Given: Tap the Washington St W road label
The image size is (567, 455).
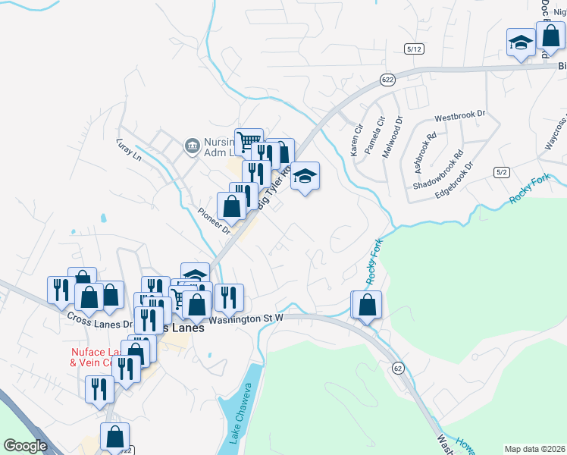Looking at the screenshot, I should click(246, 319).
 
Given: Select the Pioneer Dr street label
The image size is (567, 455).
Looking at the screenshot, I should click(213, 220).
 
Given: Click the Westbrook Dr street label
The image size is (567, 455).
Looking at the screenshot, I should click(459, 117).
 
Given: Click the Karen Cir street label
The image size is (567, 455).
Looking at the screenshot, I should click(357, 140).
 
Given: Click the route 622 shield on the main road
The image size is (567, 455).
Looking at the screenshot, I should click(387, 79).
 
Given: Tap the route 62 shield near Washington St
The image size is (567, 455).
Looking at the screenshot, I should click(398, 368).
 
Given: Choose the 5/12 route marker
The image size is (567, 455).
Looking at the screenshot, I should click(414, 49).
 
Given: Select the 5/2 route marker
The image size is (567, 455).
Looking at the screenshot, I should click(501, 172).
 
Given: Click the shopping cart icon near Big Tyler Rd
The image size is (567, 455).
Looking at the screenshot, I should click(249, 141).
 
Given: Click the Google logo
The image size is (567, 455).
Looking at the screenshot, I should click(25, 446).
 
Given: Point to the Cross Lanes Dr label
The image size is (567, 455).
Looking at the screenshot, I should click(99, 318).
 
